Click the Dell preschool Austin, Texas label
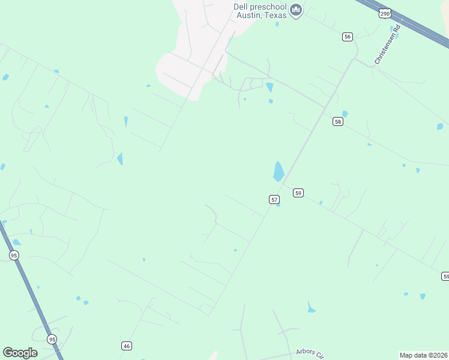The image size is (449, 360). tap(260, 11)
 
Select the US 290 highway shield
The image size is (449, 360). tap(385, 13)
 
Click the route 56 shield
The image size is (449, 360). tap(347, 37)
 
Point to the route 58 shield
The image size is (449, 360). tap(337, 121)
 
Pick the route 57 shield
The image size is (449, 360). tap(274, 199)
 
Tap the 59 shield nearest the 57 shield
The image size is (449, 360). tap(298, 193)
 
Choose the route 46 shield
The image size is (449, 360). tap(126, 346)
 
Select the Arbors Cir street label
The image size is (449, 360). tap(311, 353)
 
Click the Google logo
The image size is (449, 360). tap(20, 353)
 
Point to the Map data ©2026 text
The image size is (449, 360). tap(423, 355)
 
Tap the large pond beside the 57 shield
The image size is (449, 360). tap(279, 171)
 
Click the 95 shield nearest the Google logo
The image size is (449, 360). tap(52, 338)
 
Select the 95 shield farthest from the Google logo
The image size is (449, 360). tap(14, 255)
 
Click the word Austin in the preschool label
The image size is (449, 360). tap(248, 15)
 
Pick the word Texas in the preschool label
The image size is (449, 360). tap(274, 15)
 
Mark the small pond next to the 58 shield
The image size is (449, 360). tap(345, 113)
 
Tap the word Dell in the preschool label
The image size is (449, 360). tap(240, 7)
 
